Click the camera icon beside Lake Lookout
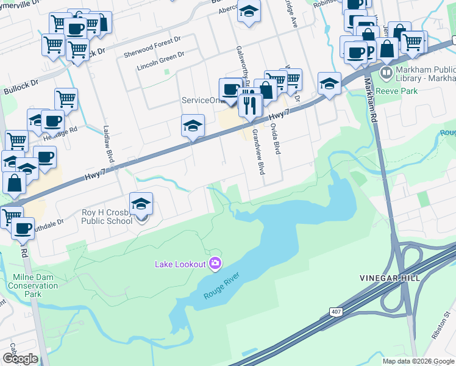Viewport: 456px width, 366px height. pos(215,264)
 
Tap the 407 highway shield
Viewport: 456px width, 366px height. pos(337,312)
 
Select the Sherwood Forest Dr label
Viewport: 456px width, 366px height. pos(152,39)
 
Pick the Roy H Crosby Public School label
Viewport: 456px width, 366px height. pos(107,217)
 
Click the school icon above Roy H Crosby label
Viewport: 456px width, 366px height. pos(141,204)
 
